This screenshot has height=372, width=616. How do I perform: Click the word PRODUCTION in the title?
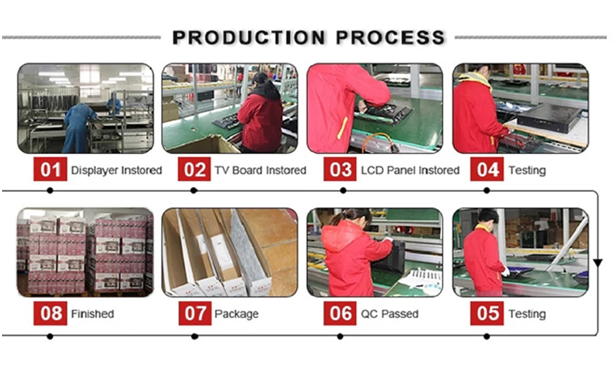click(x=249, y=38)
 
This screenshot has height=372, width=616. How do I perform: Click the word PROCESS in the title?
click(x=391, y=38)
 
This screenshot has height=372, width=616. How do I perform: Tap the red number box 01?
click(x=50, y=169)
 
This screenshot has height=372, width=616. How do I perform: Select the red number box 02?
click(x=194, y=169)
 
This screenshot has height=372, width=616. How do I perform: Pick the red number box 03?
click(x=340, y=169)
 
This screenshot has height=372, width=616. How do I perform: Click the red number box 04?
click(x=487, y=169)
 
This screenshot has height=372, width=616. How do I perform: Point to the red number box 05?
click(x=487, y=313)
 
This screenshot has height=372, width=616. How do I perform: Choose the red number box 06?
click(x=340, y=313)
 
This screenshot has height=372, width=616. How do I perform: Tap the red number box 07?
click(x=195, y=313)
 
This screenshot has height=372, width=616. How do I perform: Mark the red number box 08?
click(x=50, y=313)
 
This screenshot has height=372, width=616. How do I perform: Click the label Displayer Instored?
click(x=116, y=171)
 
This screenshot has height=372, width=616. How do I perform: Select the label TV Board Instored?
click(x=261, y=171)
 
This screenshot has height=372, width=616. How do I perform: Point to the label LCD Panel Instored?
click(x=410, y=171)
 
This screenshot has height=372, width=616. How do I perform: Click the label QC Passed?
click(x=389, y=314)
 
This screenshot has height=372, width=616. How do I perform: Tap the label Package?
click(x=237, y=314)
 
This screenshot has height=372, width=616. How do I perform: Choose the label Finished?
click(x=92, y=314)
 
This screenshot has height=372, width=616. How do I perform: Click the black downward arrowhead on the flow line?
click(x=598, y=263)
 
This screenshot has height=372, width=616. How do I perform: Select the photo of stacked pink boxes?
click(x=86, y=253)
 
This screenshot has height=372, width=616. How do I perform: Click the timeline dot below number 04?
click(x=487, y=190)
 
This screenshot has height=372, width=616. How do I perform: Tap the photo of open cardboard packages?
click(x=230, y=253)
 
